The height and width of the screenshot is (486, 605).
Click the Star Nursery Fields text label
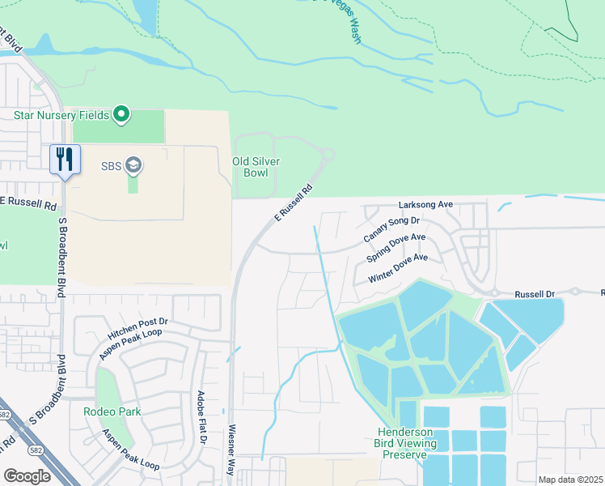point(61,115)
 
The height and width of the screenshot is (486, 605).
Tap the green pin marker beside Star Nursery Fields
point(121,114)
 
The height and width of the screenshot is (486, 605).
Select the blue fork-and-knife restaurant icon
point(65,158)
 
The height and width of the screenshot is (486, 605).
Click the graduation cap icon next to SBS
point(133,166)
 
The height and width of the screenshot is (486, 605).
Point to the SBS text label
point(111,166)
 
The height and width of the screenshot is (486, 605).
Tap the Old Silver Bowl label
point(256,167)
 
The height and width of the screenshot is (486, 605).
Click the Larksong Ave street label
point(425,205)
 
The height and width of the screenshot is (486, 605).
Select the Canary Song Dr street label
point(391,229)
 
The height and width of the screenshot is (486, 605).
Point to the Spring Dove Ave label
point(396,248)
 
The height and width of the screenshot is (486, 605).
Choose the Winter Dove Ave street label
point(398,268)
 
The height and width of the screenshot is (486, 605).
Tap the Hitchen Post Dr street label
point(137,327)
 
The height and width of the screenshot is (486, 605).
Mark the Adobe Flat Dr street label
point(201,418)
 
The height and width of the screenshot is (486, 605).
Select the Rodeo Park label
point(112,411)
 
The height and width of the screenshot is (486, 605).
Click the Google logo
point(27,475)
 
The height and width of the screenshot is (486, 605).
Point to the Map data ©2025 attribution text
point(570,480)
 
